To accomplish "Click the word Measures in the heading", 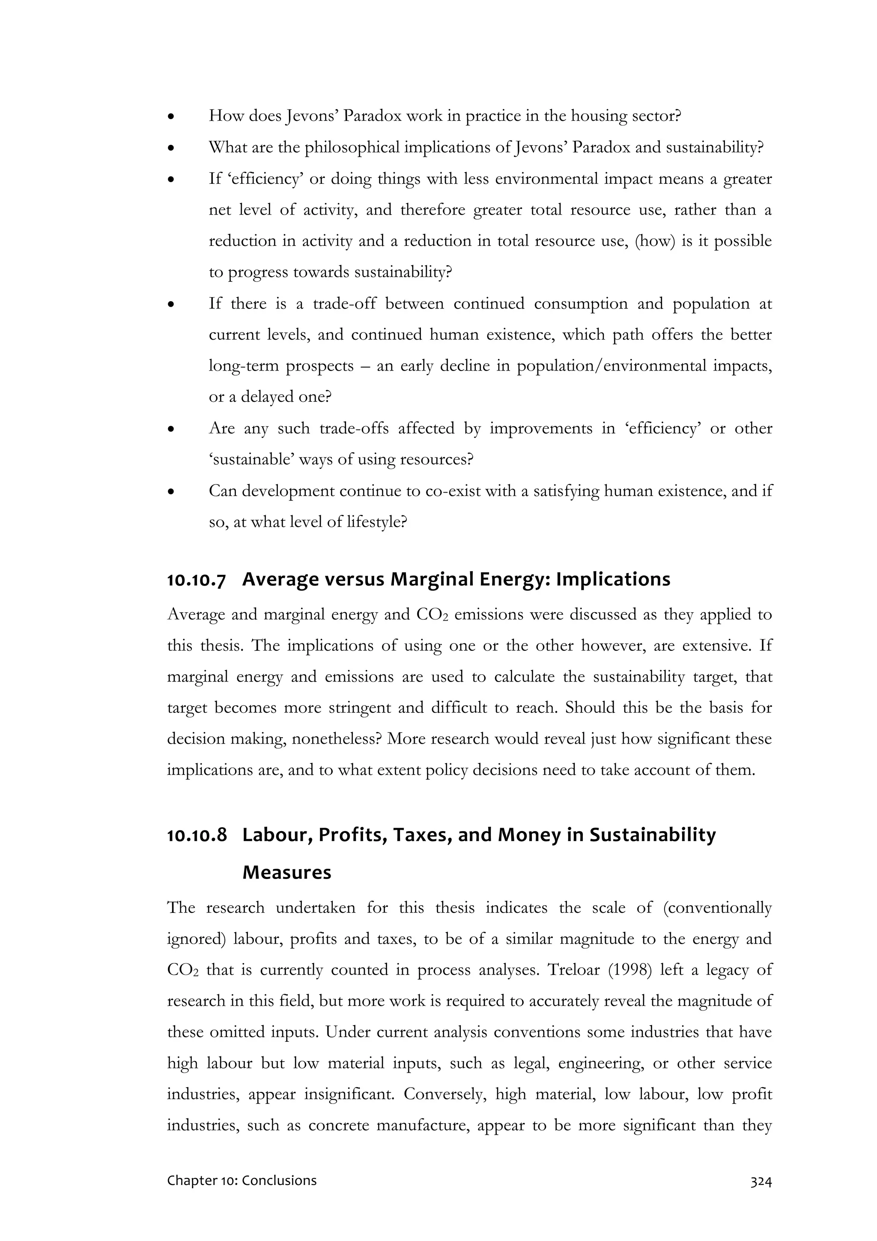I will pyautogui.click(x=286, y=872).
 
